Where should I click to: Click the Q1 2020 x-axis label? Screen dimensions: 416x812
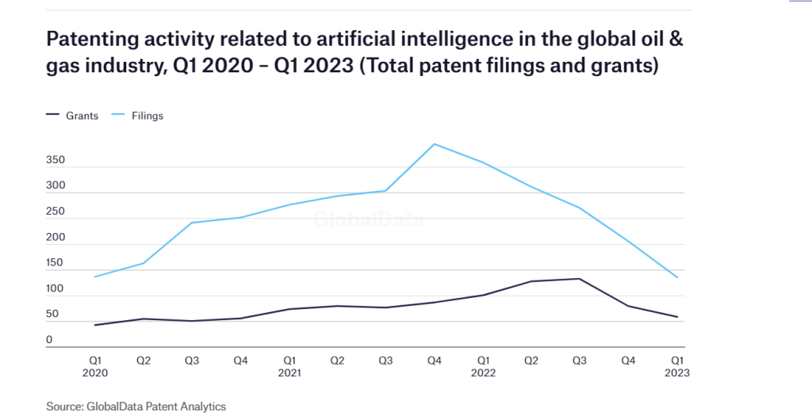coord(94,365)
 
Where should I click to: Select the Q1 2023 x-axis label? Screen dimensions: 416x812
coord(676,365)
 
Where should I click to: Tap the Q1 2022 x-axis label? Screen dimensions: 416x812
coord(482,365)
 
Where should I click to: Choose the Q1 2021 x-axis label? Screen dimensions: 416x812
coord(289,365)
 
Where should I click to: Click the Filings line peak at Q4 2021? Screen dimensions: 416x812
coord(434,144)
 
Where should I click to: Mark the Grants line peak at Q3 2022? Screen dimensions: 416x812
coord(580,279)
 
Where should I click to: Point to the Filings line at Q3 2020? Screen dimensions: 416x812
coord(192,223)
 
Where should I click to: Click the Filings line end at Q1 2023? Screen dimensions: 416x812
coord(676,277)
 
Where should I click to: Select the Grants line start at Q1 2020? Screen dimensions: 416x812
coord(94,325)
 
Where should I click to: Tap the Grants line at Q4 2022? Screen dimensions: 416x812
coord(628,306)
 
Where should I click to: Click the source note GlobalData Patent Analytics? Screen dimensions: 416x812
coord(136,406)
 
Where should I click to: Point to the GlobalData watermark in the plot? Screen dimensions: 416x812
coord(368,221)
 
